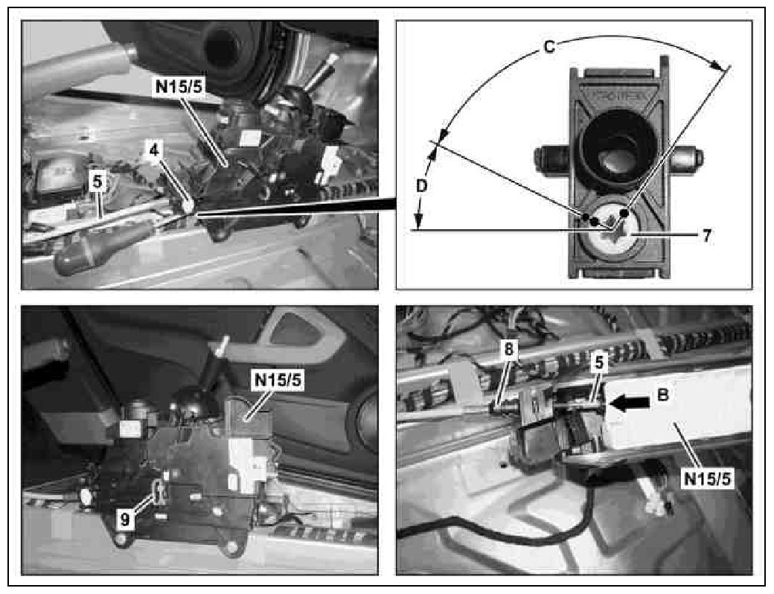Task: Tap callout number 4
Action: tap(155, 151)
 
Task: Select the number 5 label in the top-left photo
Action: tap(97, 181)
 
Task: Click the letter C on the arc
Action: tap(548, 47)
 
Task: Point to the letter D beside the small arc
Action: tap(421, 186)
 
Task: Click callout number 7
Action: tap(706, 235)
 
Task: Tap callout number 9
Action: tap(126, 520)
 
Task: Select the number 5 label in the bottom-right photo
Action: tap(598, 363)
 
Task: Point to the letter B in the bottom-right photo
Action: tap(662, 395)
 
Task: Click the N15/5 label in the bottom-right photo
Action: tap(708, 479)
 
